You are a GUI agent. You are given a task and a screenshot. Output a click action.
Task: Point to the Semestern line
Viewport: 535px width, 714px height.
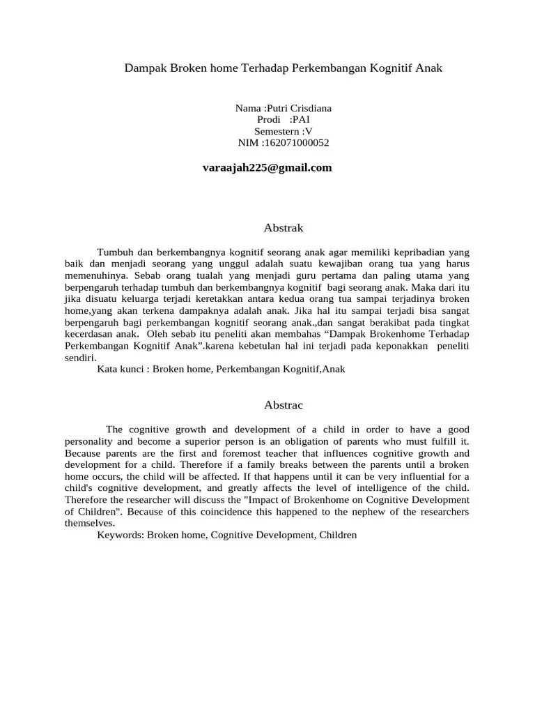click(x=283, y=131)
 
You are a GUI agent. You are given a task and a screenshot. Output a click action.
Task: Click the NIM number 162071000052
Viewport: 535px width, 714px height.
click(x=295, y=143)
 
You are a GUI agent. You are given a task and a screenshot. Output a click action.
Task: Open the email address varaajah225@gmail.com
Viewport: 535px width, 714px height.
click(x=267, y=167)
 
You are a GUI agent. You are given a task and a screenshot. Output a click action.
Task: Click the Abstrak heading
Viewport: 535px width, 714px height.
click(x=284, y=227)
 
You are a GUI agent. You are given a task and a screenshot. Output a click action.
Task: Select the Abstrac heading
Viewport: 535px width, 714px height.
click(x=284, y=404)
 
